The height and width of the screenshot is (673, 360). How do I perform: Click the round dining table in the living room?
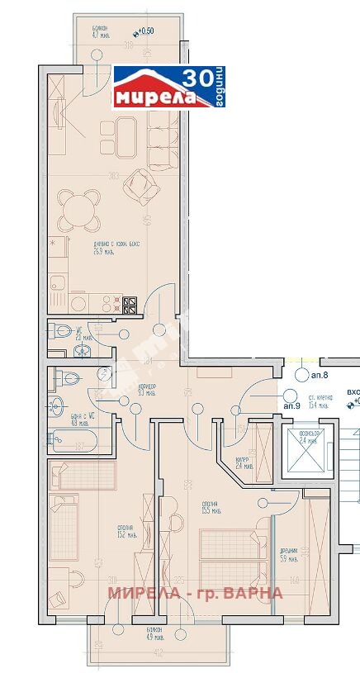tap(80, 210)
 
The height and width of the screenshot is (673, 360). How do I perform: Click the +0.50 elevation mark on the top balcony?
tap(146, 31)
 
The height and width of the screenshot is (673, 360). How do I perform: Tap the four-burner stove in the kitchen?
tap(130, 305)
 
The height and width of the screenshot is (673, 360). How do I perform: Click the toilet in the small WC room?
tap(64, 332)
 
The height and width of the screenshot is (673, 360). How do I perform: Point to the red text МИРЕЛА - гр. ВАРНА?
tap(196, 593)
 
